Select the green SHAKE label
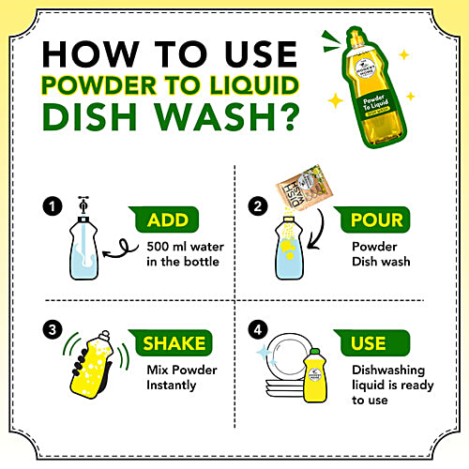click(x=173, y=343)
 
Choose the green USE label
click(x=369, y=343)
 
